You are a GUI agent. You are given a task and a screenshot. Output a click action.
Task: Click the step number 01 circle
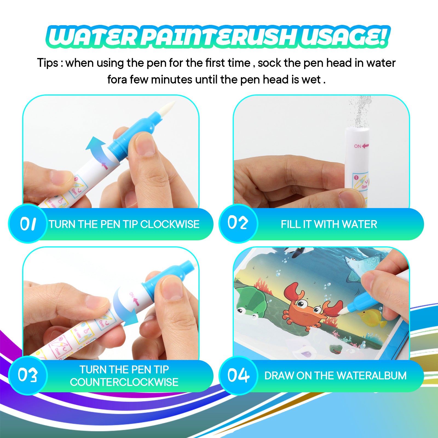(28, 224)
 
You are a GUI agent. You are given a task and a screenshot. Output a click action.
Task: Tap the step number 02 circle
(238, 223)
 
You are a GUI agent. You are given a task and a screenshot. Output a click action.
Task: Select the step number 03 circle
(28, 375)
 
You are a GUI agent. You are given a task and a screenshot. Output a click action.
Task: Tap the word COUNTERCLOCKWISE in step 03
(124, 382)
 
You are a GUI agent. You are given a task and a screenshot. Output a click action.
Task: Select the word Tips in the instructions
(48, 63)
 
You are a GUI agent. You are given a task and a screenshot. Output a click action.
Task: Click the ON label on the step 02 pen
(358, 146)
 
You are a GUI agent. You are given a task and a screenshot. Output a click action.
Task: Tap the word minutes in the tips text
(172, 80)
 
